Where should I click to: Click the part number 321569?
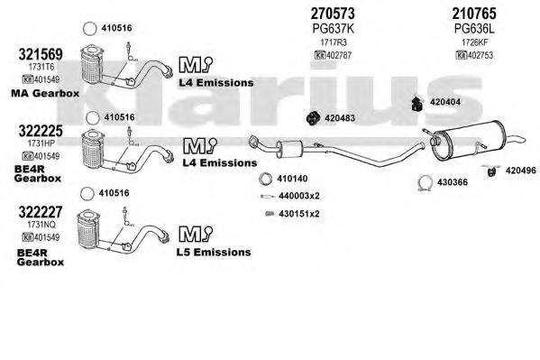click(41, 54)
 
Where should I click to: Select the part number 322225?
click(41, 131)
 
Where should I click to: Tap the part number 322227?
click(41, 212)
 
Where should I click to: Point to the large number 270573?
click(333, 14)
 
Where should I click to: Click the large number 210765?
click(474, 14)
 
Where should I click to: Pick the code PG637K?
click(333, 29)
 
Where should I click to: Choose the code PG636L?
click(474, 29)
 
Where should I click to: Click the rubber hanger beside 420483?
click(313, 118)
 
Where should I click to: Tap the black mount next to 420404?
click(417, 104)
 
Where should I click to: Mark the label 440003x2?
click(299, 196)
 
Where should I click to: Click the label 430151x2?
click(299, 214)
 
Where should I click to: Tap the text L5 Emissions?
click(214, 252)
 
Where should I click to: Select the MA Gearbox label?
click(45, 93)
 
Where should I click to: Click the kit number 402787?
click(339, 55)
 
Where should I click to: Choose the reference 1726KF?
click(474, 42)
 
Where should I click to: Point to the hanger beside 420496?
click(491, 171)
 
